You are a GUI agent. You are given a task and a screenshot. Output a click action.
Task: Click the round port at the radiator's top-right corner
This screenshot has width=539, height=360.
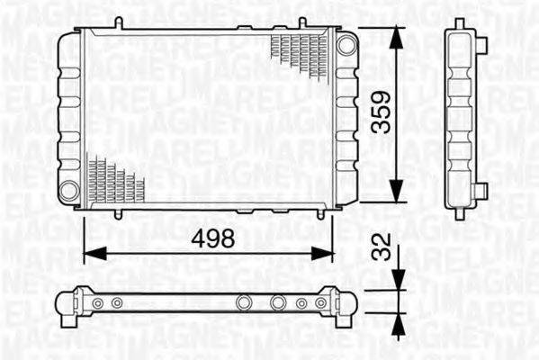coord(346,43)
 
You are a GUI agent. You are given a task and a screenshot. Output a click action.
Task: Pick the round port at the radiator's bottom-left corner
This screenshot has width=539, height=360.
coord(69,191)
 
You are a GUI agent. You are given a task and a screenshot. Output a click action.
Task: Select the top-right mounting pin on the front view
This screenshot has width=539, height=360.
coord(302,23)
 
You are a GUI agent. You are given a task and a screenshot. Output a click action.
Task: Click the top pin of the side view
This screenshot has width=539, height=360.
coord(460,23)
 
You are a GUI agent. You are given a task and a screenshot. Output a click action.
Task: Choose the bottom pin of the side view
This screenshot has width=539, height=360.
coord(460,214)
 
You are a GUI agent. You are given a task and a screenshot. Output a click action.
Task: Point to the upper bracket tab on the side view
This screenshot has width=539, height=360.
coord(482,44)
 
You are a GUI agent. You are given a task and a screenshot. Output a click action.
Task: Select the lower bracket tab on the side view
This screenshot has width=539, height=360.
coord(482,191)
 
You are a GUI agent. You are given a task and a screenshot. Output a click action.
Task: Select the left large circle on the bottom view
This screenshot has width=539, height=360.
coord(242,303)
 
